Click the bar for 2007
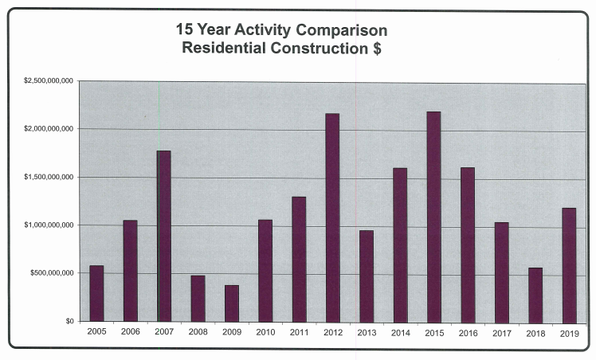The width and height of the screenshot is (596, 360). coord(163,236)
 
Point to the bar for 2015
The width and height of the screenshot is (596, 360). coord(433,216)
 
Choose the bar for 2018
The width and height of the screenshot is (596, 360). coord(535,294)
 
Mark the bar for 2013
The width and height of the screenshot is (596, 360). coord(367,276)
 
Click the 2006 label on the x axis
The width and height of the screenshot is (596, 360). coord(130,332)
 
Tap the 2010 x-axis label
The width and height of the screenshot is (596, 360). coord(265,332)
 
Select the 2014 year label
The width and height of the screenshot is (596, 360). coord(400,332)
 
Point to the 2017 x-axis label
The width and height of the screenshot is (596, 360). coord(501,332)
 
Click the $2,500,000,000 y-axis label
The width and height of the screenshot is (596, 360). coord(49,81)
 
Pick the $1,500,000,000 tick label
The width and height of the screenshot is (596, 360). coord(49,177)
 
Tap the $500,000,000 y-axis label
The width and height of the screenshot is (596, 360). coord(53,273)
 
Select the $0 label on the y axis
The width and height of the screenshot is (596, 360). coord(69,321)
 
